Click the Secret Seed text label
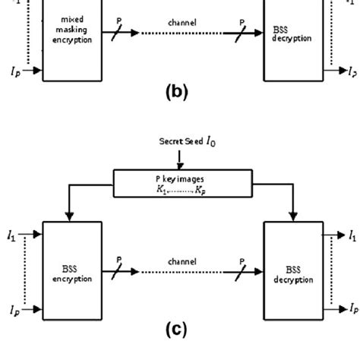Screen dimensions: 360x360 (x=182, y=141)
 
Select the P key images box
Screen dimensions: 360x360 (x=179, y=180)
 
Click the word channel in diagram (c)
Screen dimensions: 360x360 (x=181, y=259)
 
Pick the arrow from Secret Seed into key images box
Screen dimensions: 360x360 (x=179, y=158)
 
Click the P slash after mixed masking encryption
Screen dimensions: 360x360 (x=117, y=30)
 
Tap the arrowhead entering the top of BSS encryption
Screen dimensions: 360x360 (x=69, y=217)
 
